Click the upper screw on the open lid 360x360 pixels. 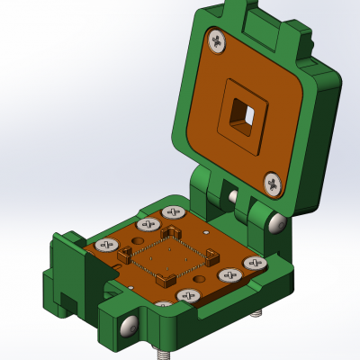[x=217, y=40]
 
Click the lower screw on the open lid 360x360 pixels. [x=273, y=184]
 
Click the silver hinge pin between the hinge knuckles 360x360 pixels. [x=233, y=196]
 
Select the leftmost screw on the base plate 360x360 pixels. [x=107, y=244]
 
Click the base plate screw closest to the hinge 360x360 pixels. [x=174, y=212]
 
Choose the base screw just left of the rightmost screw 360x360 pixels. [x=226, y=276]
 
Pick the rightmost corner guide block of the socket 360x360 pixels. [x=212, y=258]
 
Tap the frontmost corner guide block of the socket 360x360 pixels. [x=166, y=281]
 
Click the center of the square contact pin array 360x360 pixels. [x=168, y=257]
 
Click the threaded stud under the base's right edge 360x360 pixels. [x=257, y=314]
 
